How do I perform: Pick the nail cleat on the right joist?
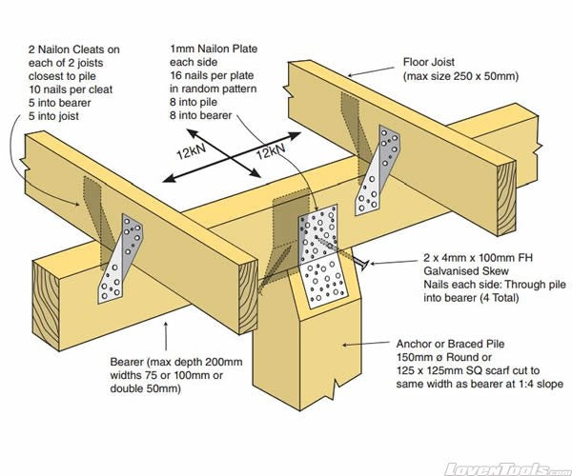(x=375, y=169)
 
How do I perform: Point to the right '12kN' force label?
(x=273, y=150)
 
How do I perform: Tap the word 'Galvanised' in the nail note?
(x=453, y=271)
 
